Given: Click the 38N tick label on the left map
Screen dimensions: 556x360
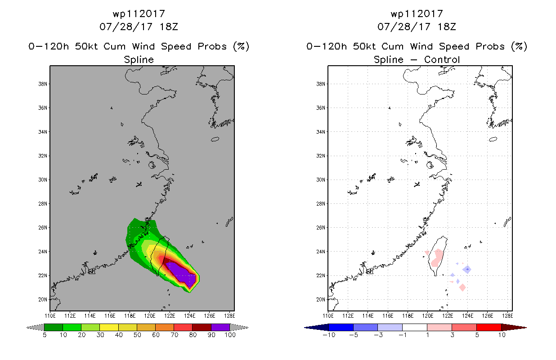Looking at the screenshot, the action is (x=42, y=84).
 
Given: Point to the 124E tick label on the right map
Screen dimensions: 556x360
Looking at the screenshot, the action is (x=468, y=316).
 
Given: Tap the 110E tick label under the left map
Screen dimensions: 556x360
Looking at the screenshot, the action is (x=50, y=316).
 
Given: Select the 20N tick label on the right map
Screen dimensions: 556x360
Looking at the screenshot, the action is (x=320, y=299).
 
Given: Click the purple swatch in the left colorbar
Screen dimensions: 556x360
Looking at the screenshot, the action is (x=220, y=327).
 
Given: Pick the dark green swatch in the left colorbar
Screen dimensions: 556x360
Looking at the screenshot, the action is (x=54, y=327).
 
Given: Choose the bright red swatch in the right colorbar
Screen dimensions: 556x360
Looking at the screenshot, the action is (x=489, y=327).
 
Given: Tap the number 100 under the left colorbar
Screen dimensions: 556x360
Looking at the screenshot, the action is (x=230, y=335).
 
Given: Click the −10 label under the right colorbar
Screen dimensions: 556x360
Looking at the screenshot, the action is (x=329, y=335).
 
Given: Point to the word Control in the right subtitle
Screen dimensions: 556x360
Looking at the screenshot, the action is (x=442, y=59).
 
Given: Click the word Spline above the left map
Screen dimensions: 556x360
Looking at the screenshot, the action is (x=139, y=60).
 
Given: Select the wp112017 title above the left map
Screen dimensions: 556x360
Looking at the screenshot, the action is (x=139, y=14).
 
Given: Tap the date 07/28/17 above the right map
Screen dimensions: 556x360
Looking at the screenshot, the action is (x=404, y=27).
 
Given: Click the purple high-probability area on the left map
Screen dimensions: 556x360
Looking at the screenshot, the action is (x=183, y=273).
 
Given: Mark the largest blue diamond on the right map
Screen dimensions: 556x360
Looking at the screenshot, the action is (x=467, y=269).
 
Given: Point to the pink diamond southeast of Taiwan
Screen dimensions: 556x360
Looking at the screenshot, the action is (x=462, y=288).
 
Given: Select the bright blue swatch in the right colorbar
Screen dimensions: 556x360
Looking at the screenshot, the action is (x=341, y=327).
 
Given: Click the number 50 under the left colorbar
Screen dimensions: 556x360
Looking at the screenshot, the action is (x=137, y=335).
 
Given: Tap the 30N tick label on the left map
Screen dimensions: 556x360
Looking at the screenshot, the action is (x=42, y=180).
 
